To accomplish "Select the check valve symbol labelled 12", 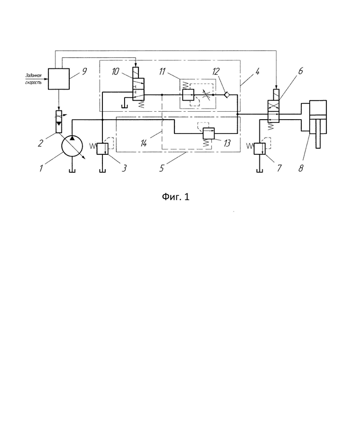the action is click(x=227, y=95).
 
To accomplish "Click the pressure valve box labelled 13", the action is click(x=209, y=133).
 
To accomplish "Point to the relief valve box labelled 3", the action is click(x=102, y=149).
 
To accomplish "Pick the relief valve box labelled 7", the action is click(x=260, y=149).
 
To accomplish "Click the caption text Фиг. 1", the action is click(x=175, y=197).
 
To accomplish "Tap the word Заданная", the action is click(x=33, y=76).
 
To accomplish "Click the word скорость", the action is click(x=33, y=82).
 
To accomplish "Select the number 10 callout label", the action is click(x=115, y=72).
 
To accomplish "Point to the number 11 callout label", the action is click(x=162, y=72).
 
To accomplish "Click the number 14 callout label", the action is click(x=144, y=143).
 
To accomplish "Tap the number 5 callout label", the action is click(x=162, y=168).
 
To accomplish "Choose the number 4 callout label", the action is click(x=257, y=72).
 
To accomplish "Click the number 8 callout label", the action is click(x=300, y=168).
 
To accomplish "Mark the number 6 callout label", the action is click(x=300, y=71).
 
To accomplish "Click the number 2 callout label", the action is click(x=40, y=143).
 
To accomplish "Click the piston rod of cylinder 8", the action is click(x=318, y=134).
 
